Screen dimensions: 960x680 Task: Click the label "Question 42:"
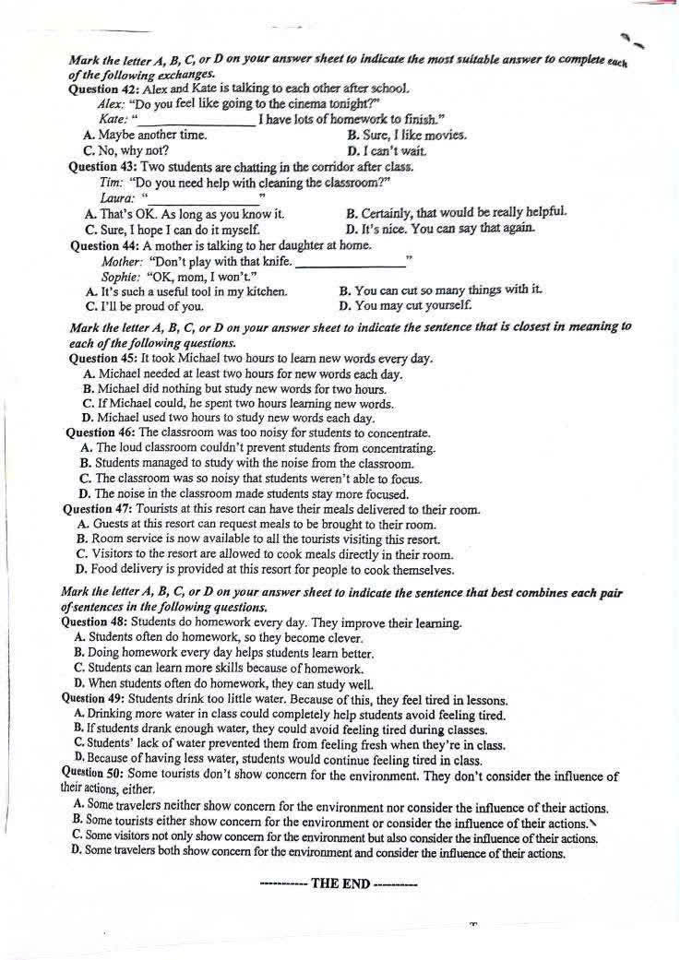(x=104, y=90)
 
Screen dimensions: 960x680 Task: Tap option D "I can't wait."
(x=387, y=150)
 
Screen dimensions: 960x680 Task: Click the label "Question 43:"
(x=103, y=167)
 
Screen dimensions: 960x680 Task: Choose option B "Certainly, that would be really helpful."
(x=456, y=213)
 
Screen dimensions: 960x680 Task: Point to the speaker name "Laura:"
(x=117, y=198)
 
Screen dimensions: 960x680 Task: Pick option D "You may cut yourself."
(x=405, y=305)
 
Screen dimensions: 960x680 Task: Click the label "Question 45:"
(x=103, y=359)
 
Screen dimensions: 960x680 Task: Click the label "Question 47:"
(x=99, y=509)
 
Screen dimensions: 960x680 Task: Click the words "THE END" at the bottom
(x=340, y=883)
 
